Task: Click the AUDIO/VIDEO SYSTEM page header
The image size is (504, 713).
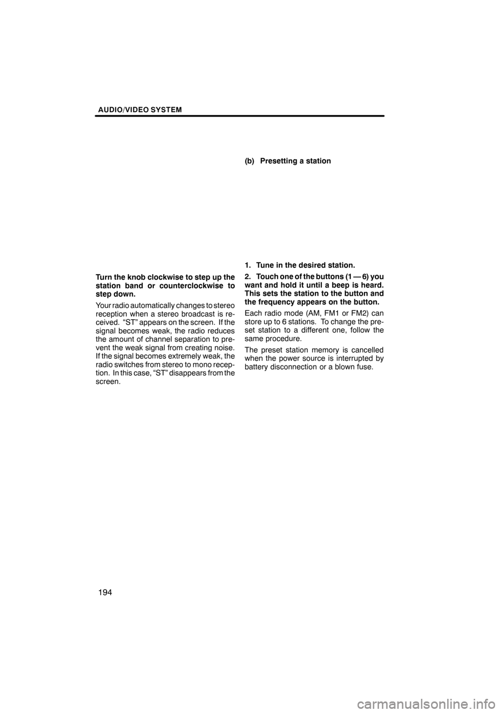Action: coord(139,110)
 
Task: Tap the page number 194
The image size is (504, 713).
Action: coord(105,592)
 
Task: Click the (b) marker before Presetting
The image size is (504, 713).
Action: coord(249,161)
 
